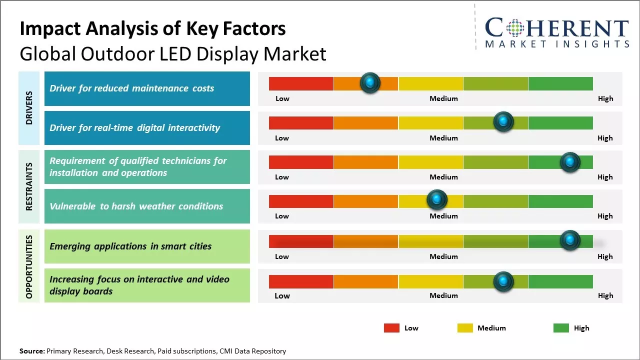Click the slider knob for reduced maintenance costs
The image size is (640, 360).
point(370,82)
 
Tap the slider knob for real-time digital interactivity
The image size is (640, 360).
point(503,121)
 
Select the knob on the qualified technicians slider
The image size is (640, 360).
point(569,162)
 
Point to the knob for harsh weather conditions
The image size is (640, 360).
point(436,199)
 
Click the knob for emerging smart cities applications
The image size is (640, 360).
point(569,240)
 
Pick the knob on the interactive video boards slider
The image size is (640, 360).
point(503,281)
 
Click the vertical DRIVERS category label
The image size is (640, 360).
point(29,107)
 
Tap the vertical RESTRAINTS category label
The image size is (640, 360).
point(29,186)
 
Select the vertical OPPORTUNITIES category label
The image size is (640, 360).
point(29,266)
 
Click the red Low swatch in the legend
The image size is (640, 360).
point(391,328)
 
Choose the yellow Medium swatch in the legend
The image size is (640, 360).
point(465,328)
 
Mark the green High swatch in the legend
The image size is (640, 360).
point(561,328)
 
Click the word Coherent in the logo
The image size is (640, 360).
point(556,28)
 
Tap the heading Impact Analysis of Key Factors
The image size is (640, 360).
point(152,29)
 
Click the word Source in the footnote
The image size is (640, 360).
point(31,351)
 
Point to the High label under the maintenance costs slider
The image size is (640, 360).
point(605,98)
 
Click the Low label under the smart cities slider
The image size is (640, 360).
point(282,256)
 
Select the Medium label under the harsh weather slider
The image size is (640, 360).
point(443,216)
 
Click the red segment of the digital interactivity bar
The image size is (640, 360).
point(301,122)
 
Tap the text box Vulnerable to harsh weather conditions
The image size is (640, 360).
point(146,206)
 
